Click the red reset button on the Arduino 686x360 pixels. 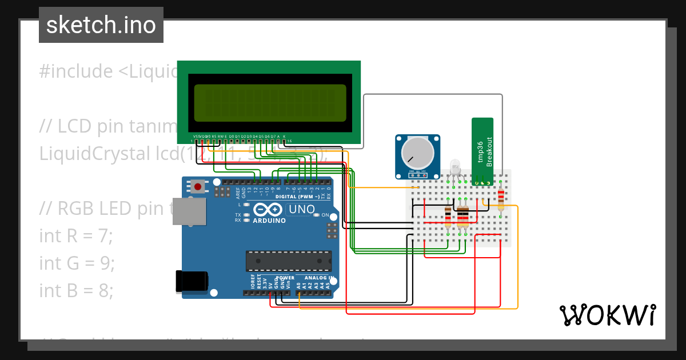(198, 186)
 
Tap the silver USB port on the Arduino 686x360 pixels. (189, 211)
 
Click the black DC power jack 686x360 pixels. (192, 281)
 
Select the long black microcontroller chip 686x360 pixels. (289, 261)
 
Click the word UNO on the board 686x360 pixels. (301, 209)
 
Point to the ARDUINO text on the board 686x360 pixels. (269, 220)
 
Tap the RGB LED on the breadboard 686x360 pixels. (456, 167)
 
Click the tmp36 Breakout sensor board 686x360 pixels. (482, 150)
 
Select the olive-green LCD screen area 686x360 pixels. (270, 103)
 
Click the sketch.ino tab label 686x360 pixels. (101, 25)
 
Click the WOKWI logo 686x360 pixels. (607, 315)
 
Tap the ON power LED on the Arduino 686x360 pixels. (318, 215)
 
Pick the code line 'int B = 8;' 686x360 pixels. (77, 290)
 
